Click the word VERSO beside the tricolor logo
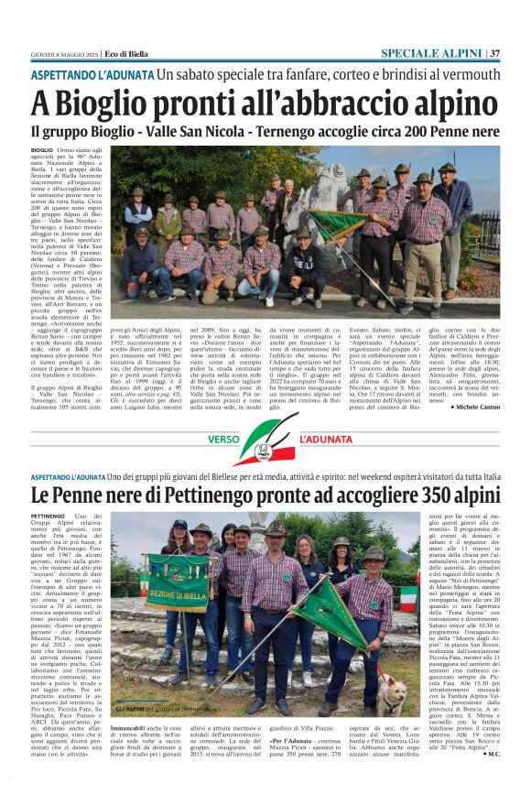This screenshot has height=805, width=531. (x=222, y=440)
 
